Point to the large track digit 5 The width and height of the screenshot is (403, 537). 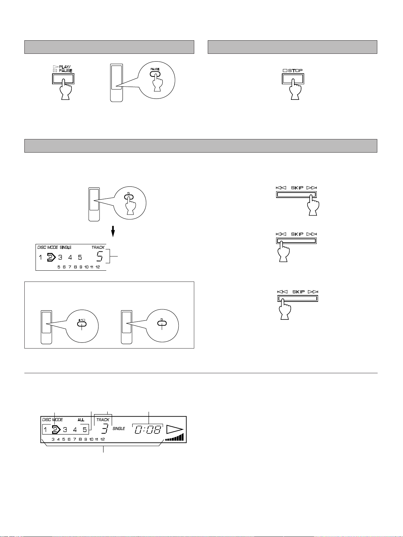(100, 256)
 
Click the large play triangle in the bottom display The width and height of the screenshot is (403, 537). (175, 430)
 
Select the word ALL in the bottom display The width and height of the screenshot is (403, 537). (81, 420)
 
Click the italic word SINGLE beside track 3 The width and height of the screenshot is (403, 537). (119, 429)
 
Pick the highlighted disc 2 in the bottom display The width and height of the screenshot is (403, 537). (55, 430)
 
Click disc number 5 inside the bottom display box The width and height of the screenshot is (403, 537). (85, 430)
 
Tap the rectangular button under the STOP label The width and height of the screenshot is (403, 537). (293, 79)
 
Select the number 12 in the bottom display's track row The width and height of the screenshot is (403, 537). (102, 440)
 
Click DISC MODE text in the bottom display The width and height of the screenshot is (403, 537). (52, 420)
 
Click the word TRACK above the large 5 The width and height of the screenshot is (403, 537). (98, 248)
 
